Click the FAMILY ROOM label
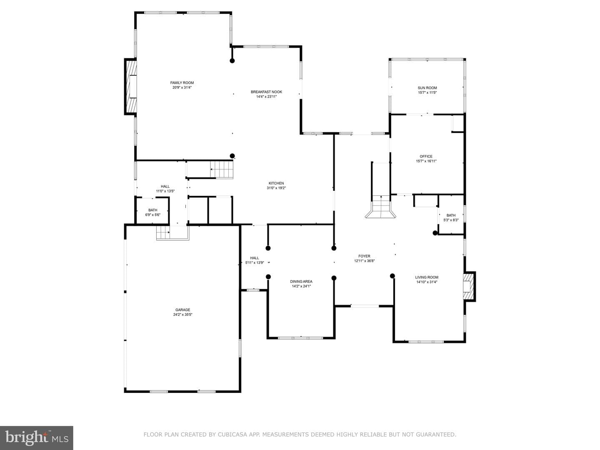tap(182, 83)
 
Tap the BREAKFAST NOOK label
tap(266, 92)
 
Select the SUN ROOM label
tap(427, 88)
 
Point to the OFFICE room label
tap(426, 157)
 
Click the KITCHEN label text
tap(276, 183)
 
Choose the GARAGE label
tap(182, 310)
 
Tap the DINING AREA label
tap(301, 282)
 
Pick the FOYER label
tap(364, 256)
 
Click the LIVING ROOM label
tap(426, 277)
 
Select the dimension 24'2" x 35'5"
tap(182, 315)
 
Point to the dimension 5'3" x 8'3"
tap(451, 220)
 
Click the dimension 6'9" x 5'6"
tap(152, 215)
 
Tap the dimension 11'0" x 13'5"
tap(165, 191)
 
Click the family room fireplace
tap(131, 86)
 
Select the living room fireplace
tap(469, 287)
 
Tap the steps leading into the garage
tap(163, 233)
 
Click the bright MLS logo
tap(36, 438)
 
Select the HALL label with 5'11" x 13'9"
tap(255, 258)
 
